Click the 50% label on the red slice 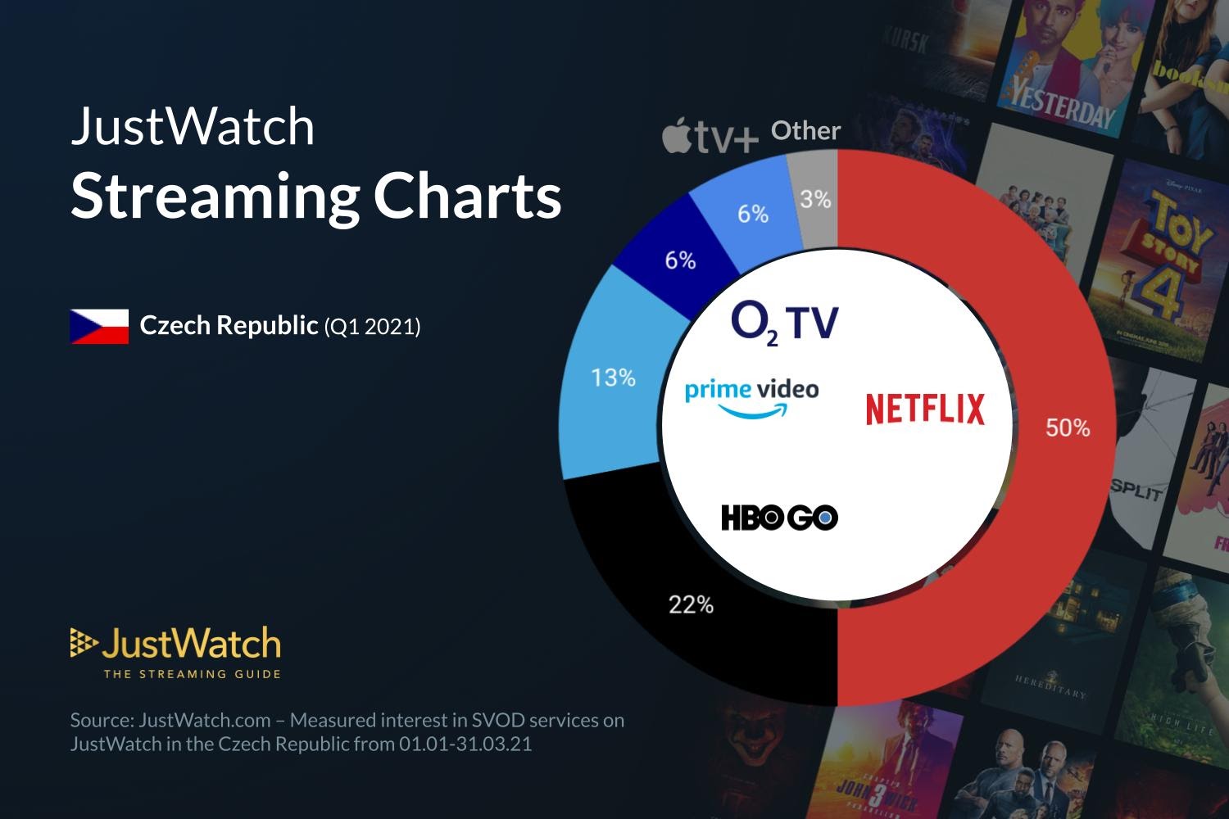[x=1068, y=428]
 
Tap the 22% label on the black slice [x=691, y=605]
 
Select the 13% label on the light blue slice [x=613, y=378]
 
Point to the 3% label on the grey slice [x=815, y=199]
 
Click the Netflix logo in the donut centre [x=925, y=409]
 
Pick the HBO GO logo [x=779, y=518]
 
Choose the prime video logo [x=751, y=396]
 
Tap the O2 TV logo [x=784, y=322]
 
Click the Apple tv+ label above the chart [x=710, y=136]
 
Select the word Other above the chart [x=805, y=131]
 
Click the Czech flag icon [x=99, y=326]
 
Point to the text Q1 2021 [x=373, y=327]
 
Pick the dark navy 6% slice [x=679, y=260]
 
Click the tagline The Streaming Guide [x=192, y=674]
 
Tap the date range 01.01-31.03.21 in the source [x=465, y=744]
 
